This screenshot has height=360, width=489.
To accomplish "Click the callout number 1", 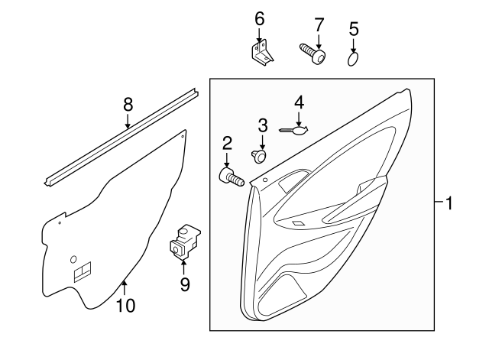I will pos(450,203).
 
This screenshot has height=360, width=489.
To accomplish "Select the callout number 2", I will pos(227,142).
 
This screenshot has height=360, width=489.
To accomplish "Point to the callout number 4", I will pos(300,102).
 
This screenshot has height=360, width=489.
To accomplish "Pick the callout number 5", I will pos(353,29).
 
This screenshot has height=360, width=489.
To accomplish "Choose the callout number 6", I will pos(259,17).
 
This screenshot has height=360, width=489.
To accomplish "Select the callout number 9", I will pos(184,284).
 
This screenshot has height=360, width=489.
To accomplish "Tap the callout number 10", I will pos(125,306).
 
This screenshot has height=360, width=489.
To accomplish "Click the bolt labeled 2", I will pos(230,179).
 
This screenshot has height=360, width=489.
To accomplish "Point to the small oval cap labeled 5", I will pos(353,59).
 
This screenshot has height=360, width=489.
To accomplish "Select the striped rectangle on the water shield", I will pos(82,271).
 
